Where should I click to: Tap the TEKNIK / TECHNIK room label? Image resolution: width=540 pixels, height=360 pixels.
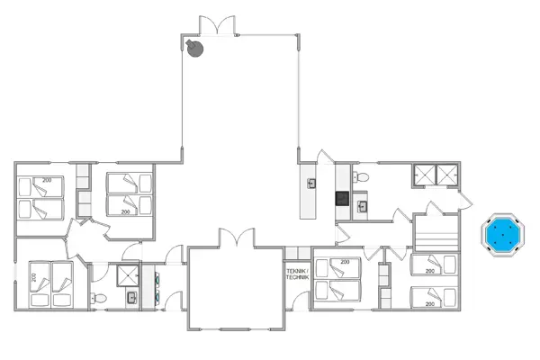(x=297, y=274)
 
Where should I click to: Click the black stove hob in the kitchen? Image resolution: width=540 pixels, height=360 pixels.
(x=342, y=199)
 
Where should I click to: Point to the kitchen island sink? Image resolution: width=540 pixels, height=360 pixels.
(x=312, y=184)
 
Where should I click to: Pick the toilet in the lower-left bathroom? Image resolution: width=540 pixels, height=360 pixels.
(x=102, y=297)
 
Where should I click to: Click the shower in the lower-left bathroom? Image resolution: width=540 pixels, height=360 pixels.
(x=127, y=274)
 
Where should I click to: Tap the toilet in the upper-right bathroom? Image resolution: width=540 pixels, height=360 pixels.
(x=357, y=177)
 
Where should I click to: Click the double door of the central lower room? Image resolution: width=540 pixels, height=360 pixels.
(x=236, y=240)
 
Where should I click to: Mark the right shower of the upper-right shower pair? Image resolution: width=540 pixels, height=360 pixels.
(x=445, y=175)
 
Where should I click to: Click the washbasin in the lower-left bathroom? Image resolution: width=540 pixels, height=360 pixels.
(x=132, y=296)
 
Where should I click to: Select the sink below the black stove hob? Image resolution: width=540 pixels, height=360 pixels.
(x=361, y=207)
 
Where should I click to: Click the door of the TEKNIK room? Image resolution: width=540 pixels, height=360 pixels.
(x=297, y=253)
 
